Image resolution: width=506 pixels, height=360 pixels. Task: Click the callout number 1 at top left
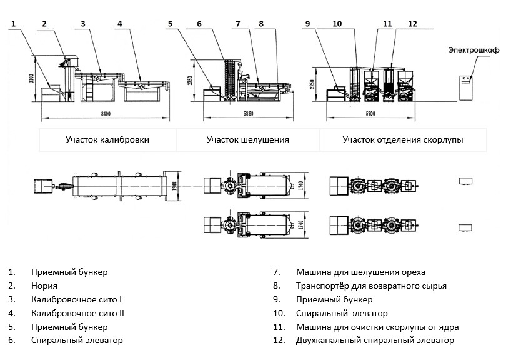click(x=12, y=24)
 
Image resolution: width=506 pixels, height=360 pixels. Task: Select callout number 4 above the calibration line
click(x=119, y=24)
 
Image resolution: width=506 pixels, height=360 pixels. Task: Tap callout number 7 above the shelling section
click(x=237, y=24)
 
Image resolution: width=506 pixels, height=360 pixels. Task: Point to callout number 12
click(x=412, y=24)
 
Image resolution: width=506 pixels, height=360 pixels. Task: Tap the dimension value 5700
click(x=387, y=114)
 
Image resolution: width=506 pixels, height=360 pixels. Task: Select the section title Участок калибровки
click(x=107, y=140)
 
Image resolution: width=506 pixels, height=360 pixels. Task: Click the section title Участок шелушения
click(x=248, y=140)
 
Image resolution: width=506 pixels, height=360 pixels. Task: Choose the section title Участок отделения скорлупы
click(x=402, y=140)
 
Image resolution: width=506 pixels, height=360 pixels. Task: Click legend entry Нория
click(x=44, y=286)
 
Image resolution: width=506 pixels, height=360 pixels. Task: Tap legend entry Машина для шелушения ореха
click(x=361, y=272)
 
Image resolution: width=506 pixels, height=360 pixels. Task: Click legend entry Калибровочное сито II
click(x=77, y=313)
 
